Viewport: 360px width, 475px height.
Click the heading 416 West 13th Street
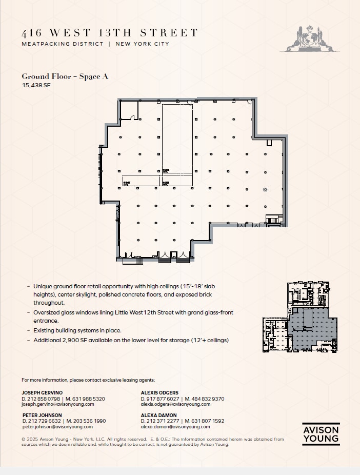(109, 33)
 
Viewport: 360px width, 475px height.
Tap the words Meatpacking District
(63, 44)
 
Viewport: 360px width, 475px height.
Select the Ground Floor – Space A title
(65, 76)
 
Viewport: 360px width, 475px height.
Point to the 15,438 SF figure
(36, 86)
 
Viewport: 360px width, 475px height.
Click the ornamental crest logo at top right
(309, 38)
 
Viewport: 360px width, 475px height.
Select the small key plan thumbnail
(301, 318)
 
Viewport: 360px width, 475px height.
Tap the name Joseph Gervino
(42, 392)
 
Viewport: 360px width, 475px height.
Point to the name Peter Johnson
(42, 415)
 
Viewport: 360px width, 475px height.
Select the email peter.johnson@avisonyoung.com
(57, 426)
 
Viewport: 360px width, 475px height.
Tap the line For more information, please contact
(87, 380)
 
